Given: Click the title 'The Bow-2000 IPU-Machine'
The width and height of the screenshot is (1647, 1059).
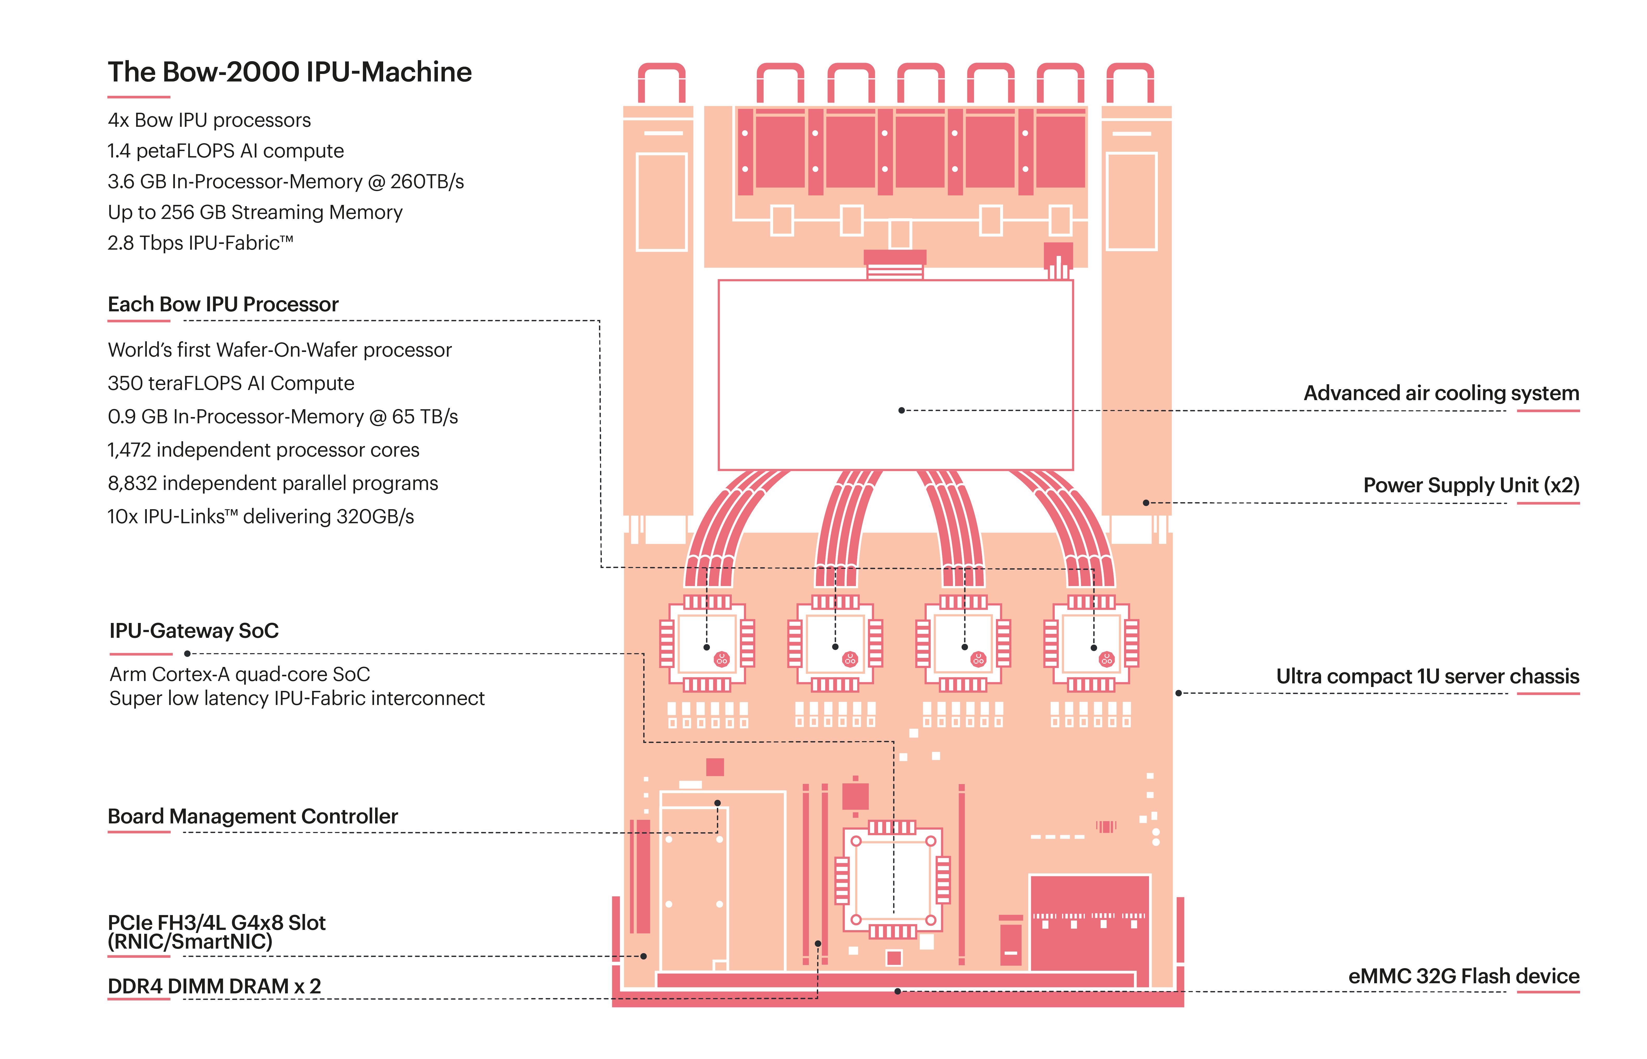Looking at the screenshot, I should [289, 72].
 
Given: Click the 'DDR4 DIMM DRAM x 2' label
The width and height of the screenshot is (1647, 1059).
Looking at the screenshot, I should [214, 986].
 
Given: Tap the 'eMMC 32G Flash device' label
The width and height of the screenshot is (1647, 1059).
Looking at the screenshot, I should [1463, 976].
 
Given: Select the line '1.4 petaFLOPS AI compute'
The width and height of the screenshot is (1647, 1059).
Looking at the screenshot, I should [225, 151].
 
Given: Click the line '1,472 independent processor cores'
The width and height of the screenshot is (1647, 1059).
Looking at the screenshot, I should [263, 450].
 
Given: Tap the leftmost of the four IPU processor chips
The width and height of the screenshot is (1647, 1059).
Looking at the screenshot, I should [707, 644].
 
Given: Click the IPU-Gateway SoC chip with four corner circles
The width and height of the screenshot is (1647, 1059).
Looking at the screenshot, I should [893, 880].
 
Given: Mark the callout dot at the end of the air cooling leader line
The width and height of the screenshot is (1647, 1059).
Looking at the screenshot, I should [901, 411].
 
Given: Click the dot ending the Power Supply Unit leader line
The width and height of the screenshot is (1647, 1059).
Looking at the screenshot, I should [1146, 503].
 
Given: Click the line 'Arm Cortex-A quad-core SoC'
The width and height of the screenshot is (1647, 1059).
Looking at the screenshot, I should [239, 675].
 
